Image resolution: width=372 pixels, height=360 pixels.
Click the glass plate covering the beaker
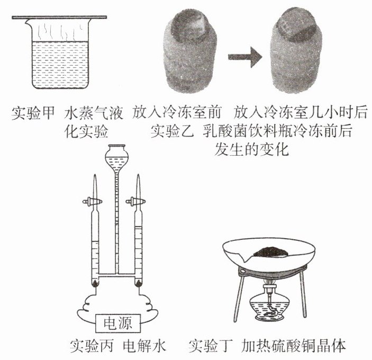(x=59, y=17)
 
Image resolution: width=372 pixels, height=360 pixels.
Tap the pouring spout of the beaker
(x=29, y=23)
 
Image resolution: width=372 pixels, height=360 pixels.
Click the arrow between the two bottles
(x=245, y=57)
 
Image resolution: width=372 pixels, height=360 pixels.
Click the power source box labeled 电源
(x=118, y=323)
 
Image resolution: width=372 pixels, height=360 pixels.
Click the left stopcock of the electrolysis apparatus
(x=92, y=202)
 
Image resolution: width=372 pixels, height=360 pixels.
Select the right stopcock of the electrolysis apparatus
(x=135, y=202)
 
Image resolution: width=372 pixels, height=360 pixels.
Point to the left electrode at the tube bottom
(x=95, y=283)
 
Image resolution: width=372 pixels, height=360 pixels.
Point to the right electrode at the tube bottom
(x=138, y=283)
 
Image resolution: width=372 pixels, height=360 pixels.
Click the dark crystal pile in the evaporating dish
(x=271, y=252)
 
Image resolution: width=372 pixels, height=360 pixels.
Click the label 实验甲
(x=33, y=113)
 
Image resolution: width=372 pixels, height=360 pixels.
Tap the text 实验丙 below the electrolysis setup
(x=92, y=346)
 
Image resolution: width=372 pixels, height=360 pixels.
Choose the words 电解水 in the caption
(x=144, y=346)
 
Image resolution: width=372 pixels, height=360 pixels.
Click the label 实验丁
(x=211, y=346)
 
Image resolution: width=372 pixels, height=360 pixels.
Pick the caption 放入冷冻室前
(x=177, y=113)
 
